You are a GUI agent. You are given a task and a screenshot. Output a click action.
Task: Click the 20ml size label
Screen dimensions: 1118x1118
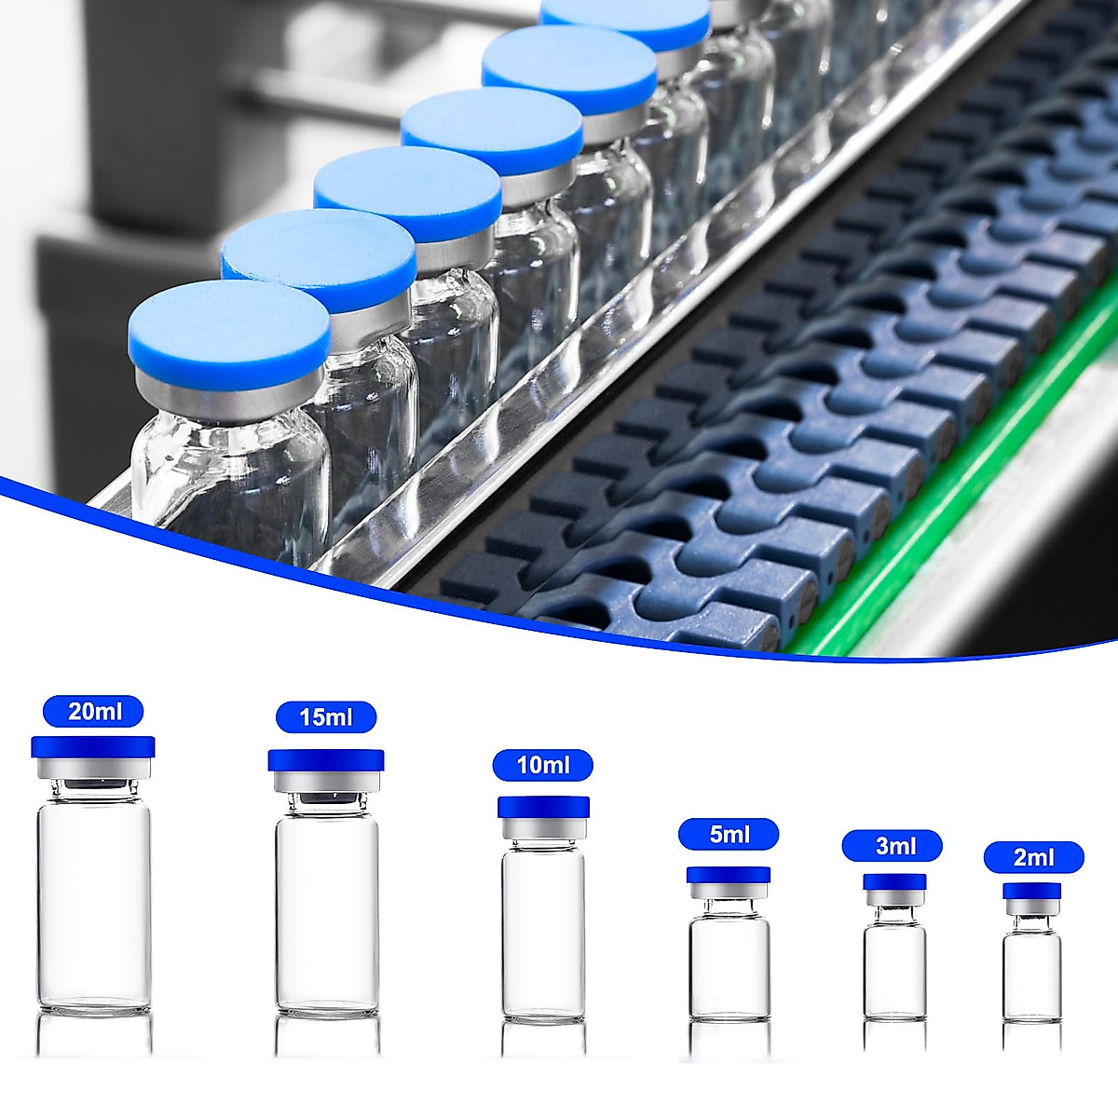[93, 712]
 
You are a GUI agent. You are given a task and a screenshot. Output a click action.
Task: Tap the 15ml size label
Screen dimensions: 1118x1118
[326, 717]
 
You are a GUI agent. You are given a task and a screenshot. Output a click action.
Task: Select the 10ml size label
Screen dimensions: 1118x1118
[543, 766]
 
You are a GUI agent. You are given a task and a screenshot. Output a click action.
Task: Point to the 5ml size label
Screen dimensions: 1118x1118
[729, 834]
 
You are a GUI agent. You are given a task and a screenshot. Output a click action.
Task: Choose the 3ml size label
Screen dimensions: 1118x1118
[893, 846]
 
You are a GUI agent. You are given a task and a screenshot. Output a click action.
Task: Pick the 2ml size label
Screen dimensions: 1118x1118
[1033, 857]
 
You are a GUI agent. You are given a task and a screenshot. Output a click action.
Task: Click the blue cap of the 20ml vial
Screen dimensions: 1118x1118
[93, 746]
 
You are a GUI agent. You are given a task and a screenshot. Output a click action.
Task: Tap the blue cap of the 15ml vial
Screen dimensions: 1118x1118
[326, 760]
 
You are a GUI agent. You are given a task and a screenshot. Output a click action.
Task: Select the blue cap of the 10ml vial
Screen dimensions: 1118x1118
[543, 807]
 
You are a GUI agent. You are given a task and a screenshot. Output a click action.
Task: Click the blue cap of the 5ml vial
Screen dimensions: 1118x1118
[729, 875]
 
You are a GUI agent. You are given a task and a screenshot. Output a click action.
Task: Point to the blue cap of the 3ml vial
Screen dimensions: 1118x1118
[894, 881]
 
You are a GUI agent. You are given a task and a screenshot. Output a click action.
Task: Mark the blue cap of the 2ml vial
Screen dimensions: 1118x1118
[1032, 891]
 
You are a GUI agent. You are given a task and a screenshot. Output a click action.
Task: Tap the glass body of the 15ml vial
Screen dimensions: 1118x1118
[327, 913]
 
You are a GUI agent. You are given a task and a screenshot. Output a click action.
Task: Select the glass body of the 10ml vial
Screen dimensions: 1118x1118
[543, 932]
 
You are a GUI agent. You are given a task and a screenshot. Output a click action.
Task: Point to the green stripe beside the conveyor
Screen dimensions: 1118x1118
[941, 522]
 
